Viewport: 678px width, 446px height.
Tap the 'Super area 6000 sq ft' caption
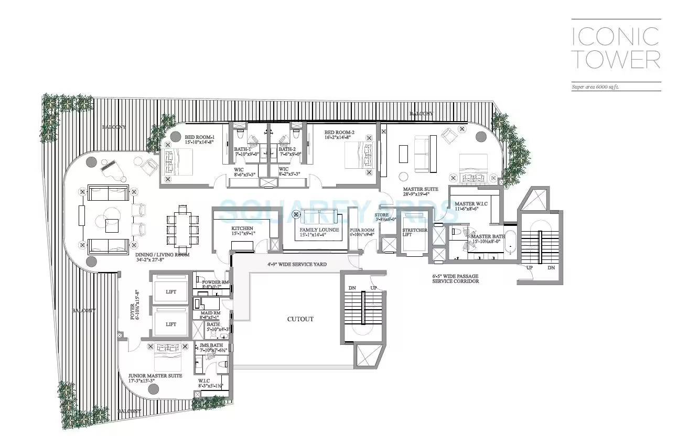pyautogui.click(x=595, y=87)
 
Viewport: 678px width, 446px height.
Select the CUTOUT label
pyautogui.click(x=300, y=319)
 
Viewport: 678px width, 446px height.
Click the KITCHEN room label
pyautogui.click(x=242, y=229)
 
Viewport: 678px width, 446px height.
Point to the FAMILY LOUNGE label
pyautogui.click(x=319, y=230)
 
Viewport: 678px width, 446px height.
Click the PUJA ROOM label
pyautogui.click(x=362, y=230)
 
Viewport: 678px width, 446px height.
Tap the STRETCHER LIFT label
pyautogui.click(x=414, y=233)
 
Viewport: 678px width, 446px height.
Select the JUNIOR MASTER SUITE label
pyautogui.click(x=155, y=376)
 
